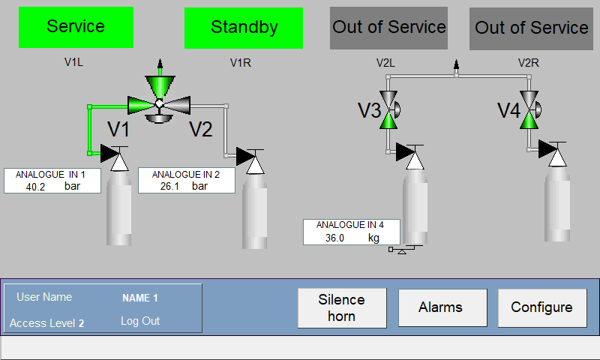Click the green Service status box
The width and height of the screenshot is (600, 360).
click(76, 27)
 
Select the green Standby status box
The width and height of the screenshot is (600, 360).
click(244, 28)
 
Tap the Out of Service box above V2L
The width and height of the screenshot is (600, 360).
click(388, 28)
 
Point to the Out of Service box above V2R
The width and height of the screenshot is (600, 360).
click(531, 28)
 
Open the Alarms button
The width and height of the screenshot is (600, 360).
click(442, 307)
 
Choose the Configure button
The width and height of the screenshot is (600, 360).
click(542, 307)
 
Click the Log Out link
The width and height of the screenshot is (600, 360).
click(140, 321)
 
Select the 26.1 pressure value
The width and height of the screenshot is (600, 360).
click(169, 186)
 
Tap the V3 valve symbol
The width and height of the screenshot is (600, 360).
click(389, 109)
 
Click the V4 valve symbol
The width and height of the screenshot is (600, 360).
click(530, 109)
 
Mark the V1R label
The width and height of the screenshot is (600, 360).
click(240, 63)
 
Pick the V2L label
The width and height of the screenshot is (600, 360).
click(385, 63)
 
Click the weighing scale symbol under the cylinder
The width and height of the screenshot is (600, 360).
click(405, 250)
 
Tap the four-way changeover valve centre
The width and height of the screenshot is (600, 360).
click(160, 103)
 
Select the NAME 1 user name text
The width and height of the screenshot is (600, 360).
click(140, 298)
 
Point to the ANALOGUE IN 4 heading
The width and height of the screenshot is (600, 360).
click(350, 225)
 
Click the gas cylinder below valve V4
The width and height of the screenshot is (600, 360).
click(557, 204)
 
